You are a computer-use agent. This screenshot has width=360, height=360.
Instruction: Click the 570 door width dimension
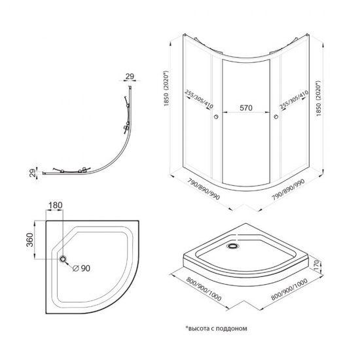246,108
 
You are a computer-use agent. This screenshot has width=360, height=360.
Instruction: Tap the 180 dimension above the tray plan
55,206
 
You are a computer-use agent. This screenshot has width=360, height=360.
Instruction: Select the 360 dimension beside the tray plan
30,240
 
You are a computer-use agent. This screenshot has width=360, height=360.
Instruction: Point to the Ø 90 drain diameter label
82,268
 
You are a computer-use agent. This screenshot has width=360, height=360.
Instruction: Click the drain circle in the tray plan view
63,259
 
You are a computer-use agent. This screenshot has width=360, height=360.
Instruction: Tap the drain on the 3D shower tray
233,246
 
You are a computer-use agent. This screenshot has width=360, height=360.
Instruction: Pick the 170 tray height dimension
316,265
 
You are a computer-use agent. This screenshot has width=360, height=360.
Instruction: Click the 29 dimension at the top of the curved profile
130,77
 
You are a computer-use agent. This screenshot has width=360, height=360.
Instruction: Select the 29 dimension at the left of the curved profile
33,173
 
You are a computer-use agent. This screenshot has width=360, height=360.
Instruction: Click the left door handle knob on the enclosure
216,117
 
